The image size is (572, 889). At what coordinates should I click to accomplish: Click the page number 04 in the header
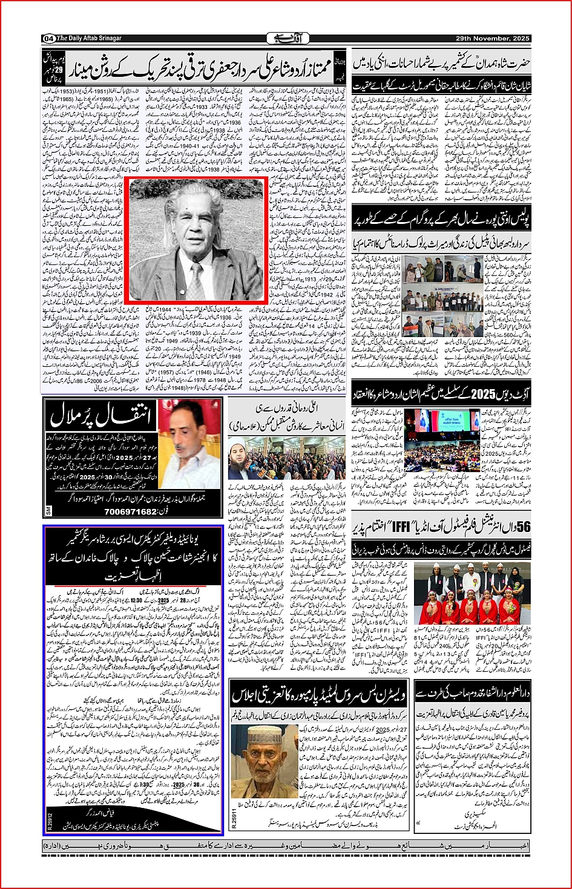tap(48, 39)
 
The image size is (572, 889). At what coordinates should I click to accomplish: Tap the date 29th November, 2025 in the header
tap(493, 39)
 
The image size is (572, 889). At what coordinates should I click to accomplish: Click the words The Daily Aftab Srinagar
tap(89, 39)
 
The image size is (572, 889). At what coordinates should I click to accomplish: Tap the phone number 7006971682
tap(131, 512)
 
